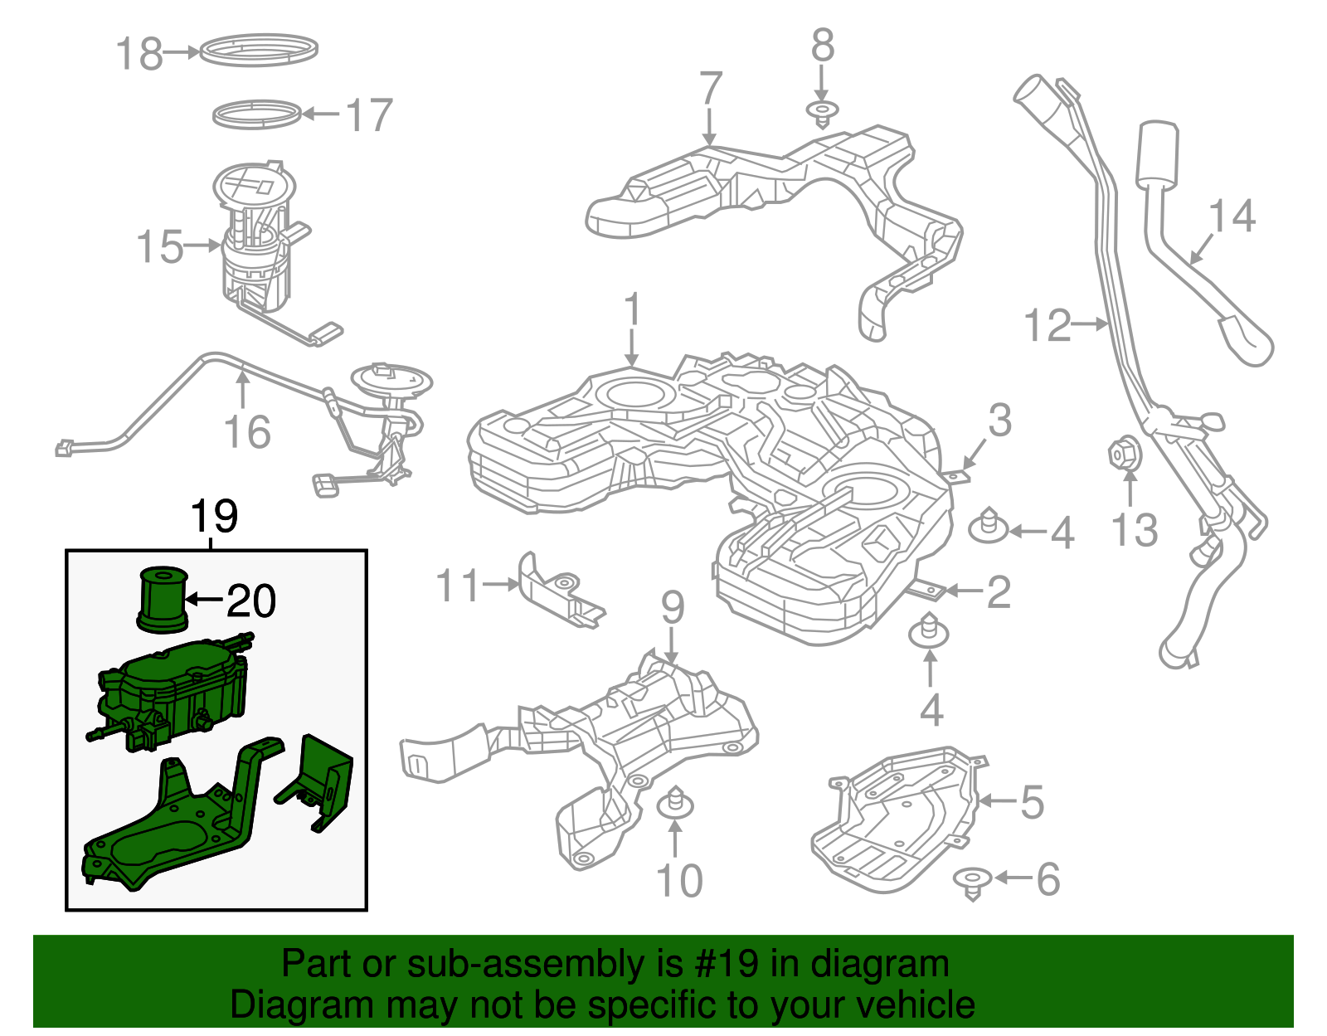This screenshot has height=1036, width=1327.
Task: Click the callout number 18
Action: tap(139, 54)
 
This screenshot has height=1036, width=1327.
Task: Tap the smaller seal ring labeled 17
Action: tap(257, 115)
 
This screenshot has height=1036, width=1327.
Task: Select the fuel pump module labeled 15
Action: tap(255, 241)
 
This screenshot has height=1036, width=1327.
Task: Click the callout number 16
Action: tap(247, 432)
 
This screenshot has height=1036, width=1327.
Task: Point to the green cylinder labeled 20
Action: tap(161, 598)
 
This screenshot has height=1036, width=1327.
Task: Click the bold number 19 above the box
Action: tap(214, 516)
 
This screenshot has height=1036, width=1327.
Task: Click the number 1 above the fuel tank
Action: tap(632, 309)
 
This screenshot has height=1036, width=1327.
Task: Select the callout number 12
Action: tap(1048, 325)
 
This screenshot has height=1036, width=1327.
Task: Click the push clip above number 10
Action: tap(676, 804)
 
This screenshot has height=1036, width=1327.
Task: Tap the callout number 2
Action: tap(998, 592)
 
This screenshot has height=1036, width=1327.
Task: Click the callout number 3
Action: tap(999, 420)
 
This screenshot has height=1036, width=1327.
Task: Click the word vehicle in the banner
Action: tap(914, 1005)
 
